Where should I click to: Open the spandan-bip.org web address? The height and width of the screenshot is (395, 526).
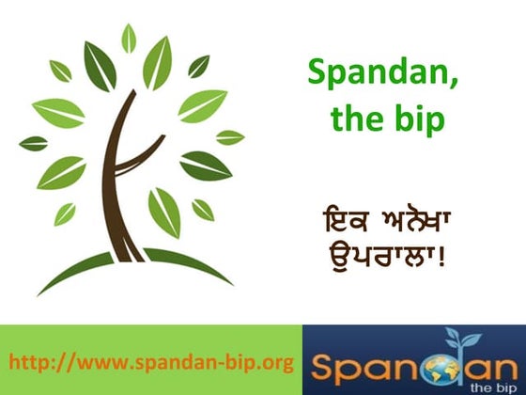coord(151,361)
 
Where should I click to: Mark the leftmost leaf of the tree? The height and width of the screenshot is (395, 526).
coord(33,144)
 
